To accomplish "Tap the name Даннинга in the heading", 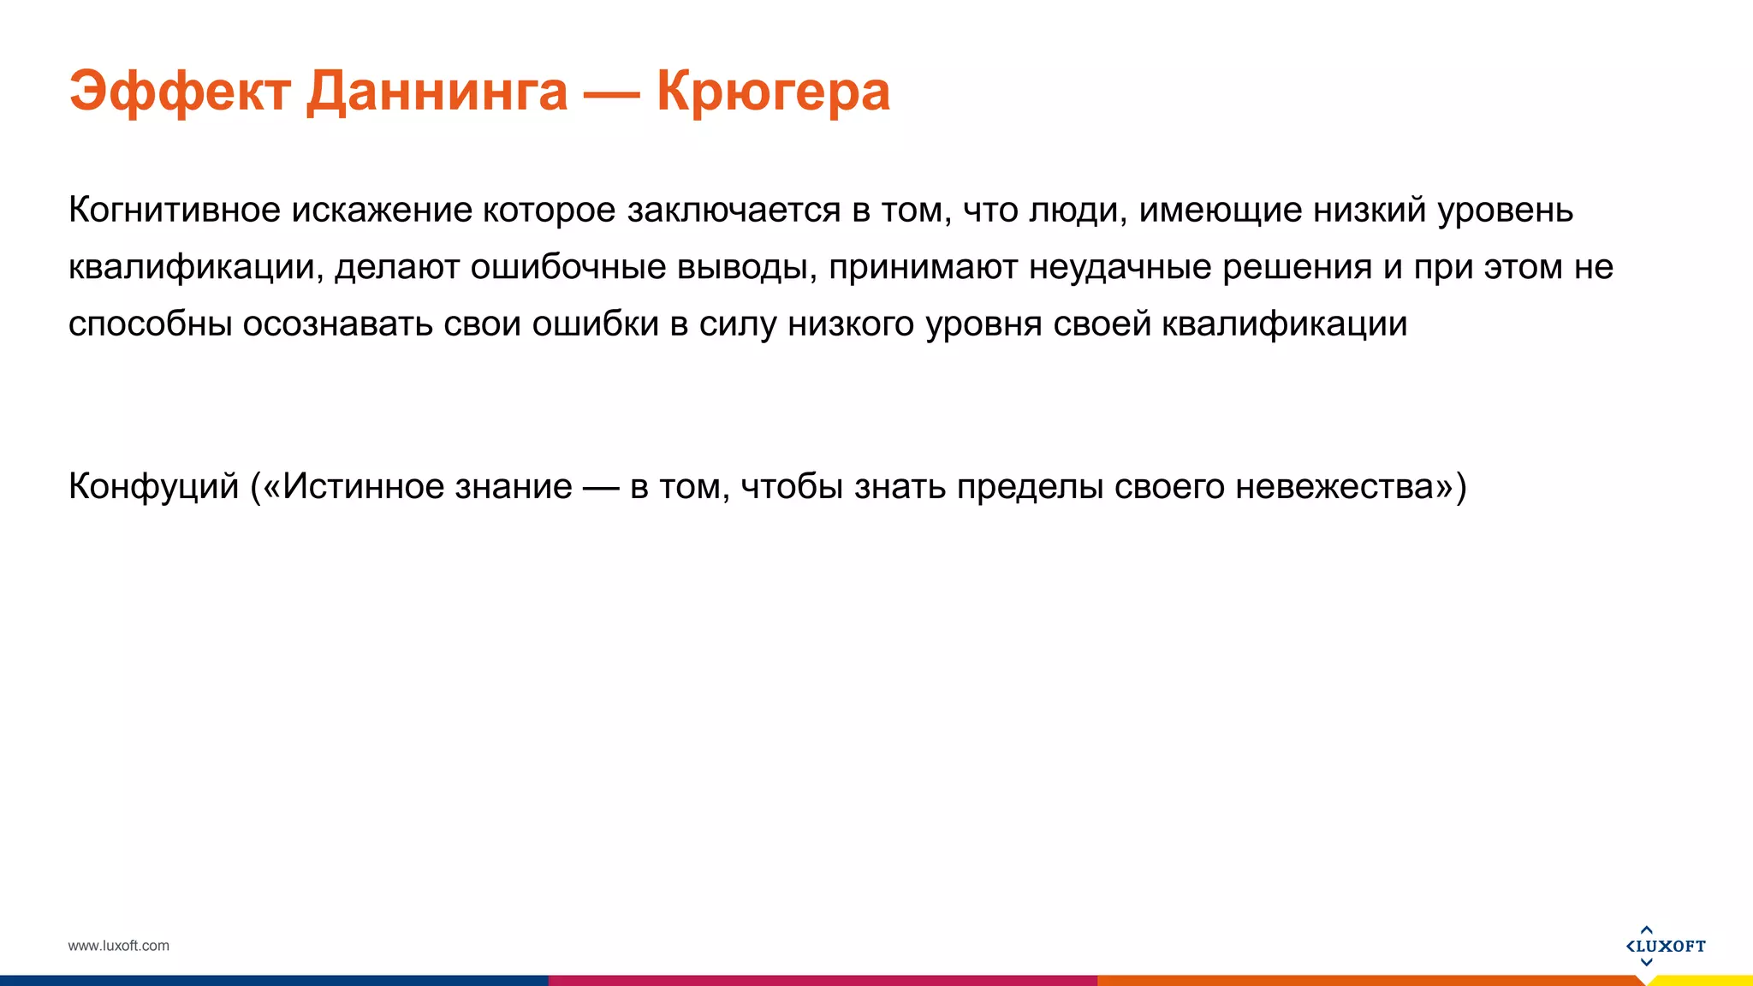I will click(x=437, y=92).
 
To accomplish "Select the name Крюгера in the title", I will click(x=773, y=92).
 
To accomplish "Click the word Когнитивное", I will click(x=175, y=210).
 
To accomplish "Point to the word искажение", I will click(x=381, y=210).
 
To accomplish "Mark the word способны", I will click(x=150, y=324).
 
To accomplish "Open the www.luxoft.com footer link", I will click(x=119, y=946).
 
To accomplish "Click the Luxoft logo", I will click(x=1665, y=946).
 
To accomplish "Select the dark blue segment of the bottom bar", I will click(x=274, y=981).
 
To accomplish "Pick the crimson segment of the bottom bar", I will click(x=822, y=981).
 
